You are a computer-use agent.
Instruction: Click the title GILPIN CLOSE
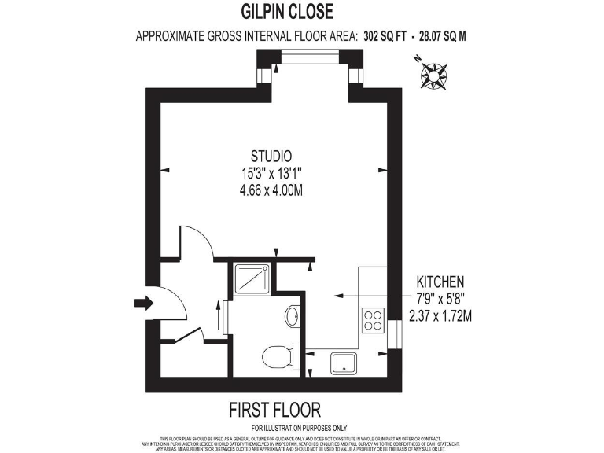pyautogui.click(x=287, y=12)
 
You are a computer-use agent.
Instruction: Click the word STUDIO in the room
pyautogui.click(x=271, y=155)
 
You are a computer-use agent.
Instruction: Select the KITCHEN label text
pyautogui.click(x=440, y=282)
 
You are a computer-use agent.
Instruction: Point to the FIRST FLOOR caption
pyautogui.click(x=274, y=410)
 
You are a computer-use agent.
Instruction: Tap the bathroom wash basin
pyautogui.click(x=292, y=317)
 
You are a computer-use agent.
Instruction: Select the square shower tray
pyautogui.click(x=253, y=277)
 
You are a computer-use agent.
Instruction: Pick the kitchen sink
pyautogui.click(x=343, y=364)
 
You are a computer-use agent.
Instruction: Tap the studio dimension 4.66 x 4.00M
pyautogui.click(x=271, y=190)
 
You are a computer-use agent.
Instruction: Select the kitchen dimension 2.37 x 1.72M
pyautogui.click(x=440, y=317)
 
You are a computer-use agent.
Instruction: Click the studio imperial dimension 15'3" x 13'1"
pyautogui.click(x=271, y=172)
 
